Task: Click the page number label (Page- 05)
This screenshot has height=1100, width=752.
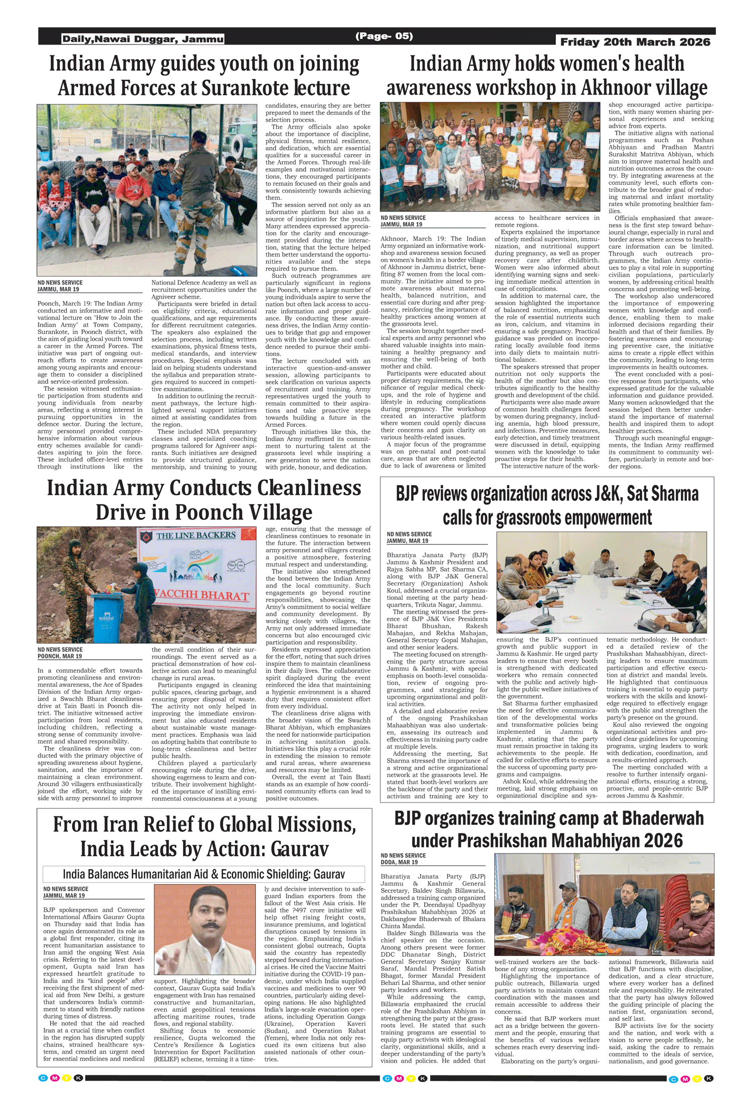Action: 384,36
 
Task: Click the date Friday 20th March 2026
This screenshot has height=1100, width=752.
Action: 635,42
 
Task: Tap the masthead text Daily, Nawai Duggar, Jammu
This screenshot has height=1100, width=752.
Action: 143,39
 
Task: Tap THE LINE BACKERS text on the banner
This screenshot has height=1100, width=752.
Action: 196,535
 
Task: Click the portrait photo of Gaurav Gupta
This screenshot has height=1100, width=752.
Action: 205,929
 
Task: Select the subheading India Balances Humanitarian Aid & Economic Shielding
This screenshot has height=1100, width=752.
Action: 204,874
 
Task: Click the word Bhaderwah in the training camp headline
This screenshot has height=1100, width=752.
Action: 663,818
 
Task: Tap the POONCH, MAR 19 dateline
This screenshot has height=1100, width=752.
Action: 60,656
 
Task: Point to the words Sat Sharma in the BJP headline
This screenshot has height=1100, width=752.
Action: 662,494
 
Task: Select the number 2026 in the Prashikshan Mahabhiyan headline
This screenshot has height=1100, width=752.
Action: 663,841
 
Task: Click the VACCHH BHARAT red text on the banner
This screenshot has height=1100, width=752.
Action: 202,595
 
